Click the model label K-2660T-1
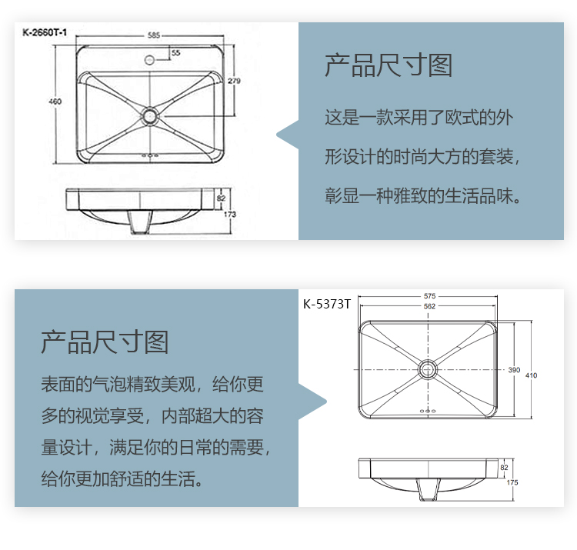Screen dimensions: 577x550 (45, 33)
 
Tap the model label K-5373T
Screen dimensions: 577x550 (327, 305)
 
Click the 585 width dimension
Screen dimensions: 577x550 (154, 35)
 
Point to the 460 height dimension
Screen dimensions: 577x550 (55, 102)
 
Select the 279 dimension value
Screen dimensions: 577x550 (234, 81)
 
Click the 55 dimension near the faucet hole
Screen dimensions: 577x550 (176, 53)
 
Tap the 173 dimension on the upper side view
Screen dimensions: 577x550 (230, 214)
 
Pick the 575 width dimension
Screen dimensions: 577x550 (429, 296)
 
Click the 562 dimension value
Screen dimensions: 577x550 (429, 306)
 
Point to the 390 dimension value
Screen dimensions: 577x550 (514, 370)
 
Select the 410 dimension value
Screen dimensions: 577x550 (531, 375)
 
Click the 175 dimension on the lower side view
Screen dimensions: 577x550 (512, 482)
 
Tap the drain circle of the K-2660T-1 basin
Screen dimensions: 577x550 (150, 115)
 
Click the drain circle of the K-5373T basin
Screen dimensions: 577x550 (428, 369)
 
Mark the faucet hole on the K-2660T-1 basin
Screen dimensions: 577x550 (149, 59)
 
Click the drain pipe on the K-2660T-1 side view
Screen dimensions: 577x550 (140, 222)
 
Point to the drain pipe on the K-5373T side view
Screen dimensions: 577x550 (429, 489)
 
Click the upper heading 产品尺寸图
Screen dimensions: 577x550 (389, 65)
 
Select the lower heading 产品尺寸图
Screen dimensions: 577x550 (105, 342)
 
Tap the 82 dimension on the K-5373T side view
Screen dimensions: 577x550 (504, 468)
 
